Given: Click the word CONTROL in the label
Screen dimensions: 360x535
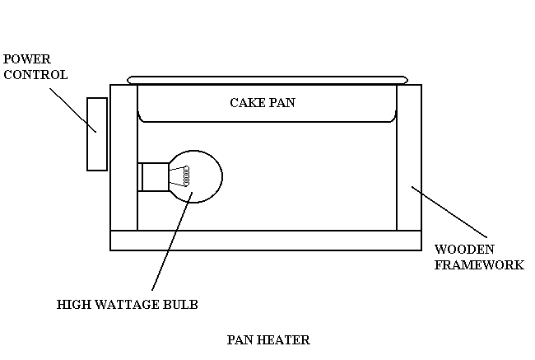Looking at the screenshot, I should [x=35, y=74].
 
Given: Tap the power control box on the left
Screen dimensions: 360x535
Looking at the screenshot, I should [x=97, y=133].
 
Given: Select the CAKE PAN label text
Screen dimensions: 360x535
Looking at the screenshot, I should [x=262, y=103].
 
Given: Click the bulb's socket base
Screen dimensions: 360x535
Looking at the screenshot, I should [x=153, y=175].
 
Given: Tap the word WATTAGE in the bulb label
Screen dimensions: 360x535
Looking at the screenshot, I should [x=125, y=305].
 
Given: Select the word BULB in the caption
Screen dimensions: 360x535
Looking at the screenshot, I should [x=181, y=305].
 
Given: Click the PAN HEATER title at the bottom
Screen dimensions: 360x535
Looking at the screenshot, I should [x=267, y=339].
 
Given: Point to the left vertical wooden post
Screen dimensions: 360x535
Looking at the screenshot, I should [x=123, y=157].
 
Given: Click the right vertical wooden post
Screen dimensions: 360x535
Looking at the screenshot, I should [x=409, y=157].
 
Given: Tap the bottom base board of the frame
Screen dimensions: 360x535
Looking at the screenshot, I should [x=266, y=240].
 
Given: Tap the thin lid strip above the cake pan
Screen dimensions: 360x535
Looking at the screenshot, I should [x=267, y=80].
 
